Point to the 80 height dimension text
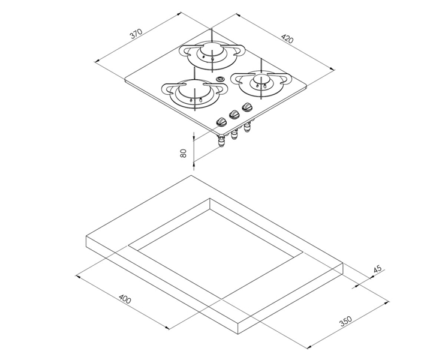pyautogui.click(x=184, y=152)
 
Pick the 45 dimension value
pyautogui.click(x=377, y=269)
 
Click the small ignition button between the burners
pyautogui.click(x=220, y=79)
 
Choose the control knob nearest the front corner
pyautogui.click(x=222, y=121)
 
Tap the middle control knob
pyautogui.click(x=234, y=113)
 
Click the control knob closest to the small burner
pyautogui.click(x=246, y=107)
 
